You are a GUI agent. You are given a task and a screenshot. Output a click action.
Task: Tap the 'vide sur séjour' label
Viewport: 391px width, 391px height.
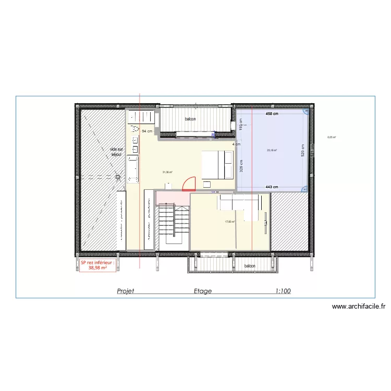(x=116, y=152)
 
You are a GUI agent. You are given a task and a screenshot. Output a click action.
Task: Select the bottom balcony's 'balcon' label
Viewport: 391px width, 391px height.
(x=250, y=266)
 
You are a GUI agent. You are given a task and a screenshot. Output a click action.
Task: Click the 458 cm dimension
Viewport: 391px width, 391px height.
(x=272, y=113)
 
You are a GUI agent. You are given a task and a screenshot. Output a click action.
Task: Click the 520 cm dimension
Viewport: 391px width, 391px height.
(x=302, y=151)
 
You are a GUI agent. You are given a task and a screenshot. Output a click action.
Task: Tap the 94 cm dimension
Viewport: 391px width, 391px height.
(x=147, y=131)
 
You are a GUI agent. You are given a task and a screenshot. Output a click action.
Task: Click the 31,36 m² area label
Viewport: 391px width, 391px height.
(x=167, y=172)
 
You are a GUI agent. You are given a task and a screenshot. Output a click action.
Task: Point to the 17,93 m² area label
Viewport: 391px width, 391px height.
(x=229, y=222)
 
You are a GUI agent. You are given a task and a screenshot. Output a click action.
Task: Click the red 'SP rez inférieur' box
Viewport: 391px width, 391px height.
(x=97, y=266)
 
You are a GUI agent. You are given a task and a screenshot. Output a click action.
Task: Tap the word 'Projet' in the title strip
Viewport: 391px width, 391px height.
(x=126, y=291)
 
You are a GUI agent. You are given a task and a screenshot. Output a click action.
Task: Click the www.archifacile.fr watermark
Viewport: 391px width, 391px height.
(x=359, y=307)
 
